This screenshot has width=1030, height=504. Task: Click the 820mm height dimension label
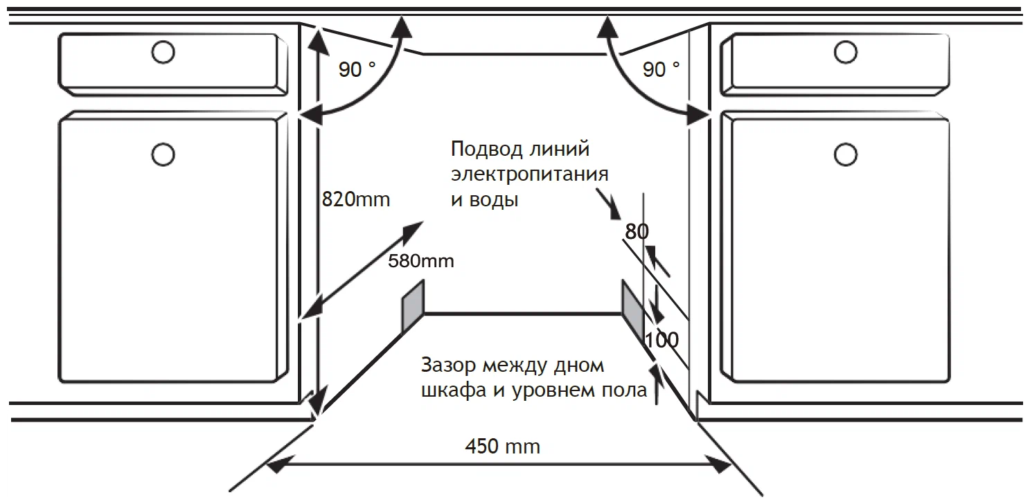click(x=356, y=199)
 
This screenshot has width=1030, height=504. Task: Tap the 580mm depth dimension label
click(x=420, y=261)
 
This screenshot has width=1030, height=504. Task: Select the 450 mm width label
click(x=503, y=446)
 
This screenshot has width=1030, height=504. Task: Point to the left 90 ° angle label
click(x=357, y=69)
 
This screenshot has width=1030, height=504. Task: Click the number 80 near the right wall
click(x=637, y=231)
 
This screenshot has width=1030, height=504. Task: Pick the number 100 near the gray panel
click(x=661, y=340)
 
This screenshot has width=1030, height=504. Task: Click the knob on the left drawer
click(x=163, y=52)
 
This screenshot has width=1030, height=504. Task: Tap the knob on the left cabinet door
click(x=163, y=154)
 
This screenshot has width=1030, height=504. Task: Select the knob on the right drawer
click(x=845, y=52)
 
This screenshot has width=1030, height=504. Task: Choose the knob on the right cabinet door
click(x=845, y=154)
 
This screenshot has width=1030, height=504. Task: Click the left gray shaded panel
click(x=413, y=306)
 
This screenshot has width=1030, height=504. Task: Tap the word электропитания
click(x=530, y=174)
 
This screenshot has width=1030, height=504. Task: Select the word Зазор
click(x=448, y=366)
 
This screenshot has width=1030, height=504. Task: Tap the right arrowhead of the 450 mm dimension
click(x=718, y=465)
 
